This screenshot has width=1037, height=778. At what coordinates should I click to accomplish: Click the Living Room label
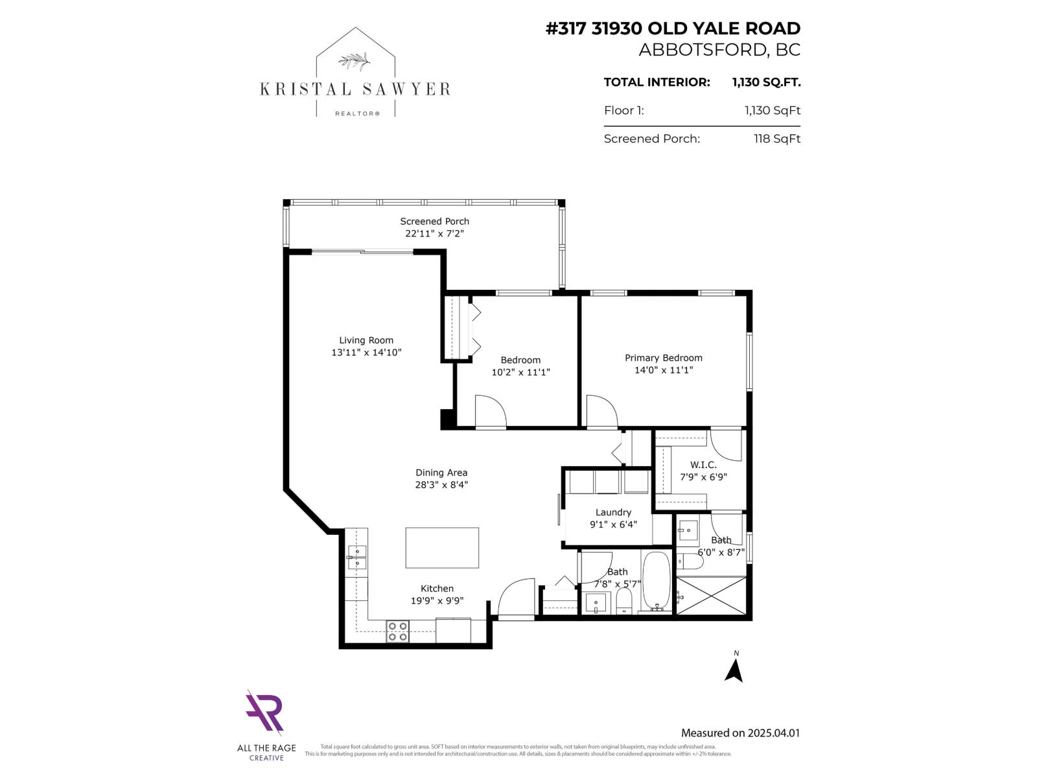[x=366, y=340]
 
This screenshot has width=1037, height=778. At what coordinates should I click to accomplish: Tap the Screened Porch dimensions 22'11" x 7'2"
[x=434, y=233]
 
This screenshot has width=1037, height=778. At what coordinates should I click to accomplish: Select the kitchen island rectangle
[x=442, y=548]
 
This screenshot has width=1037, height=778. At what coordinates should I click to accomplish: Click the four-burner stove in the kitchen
[x=397, y=631]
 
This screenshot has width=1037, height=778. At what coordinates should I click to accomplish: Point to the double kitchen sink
[x=356, y=558]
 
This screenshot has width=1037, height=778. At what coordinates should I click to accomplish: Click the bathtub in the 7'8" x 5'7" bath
[x=657, y=582]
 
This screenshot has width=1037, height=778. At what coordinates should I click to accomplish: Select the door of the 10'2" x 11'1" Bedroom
[x=490, y=412]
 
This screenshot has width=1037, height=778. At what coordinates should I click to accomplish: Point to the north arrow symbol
[x=734, y=668]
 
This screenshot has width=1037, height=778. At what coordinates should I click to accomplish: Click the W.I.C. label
[x=703, y=465]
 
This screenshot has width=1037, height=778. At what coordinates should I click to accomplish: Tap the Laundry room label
[x=613, y=512]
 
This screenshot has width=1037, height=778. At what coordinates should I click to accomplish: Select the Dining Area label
[x=441, y=473]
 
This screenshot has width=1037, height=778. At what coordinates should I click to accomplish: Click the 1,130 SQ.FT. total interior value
[x=766, y=82]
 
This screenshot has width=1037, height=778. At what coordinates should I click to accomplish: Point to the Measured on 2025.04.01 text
[x=740, y=733]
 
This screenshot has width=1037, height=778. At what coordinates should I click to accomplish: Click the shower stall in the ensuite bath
[x=712, y=595]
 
